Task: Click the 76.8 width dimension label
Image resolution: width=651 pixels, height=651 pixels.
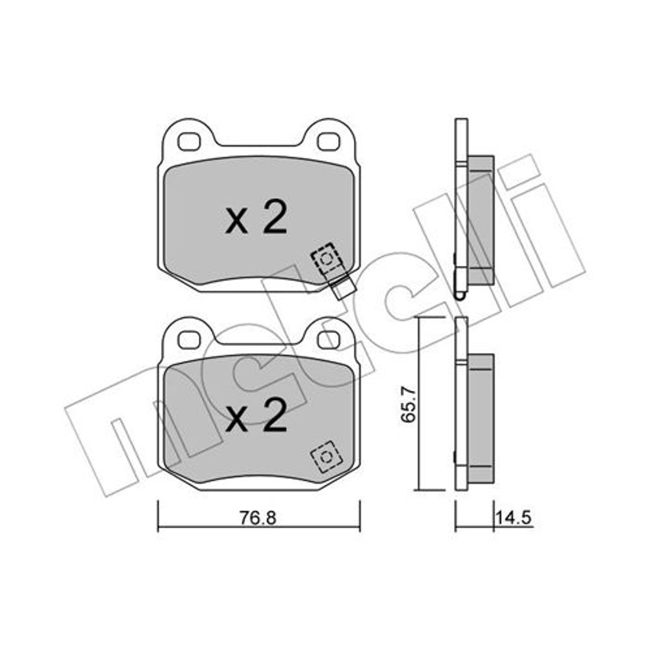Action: tap(258, 518)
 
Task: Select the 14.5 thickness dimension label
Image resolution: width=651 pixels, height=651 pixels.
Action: tap(514, 518)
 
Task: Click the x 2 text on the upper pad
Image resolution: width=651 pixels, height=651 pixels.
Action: tap(256, 216)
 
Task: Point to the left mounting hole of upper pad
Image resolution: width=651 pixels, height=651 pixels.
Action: tap(189, 142)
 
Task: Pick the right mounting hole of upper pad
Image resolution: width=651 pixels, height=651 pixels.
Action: tap(329, 142)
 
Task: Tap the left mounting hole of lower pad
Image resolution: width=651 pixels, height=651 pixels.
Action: tap(189, 339)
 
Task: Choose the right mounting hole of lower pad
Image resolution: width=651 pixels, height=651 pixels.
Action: tap(329, 339)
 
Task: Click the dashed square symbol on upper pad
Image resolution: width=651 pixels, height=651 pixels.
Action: tap(327, 259)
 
